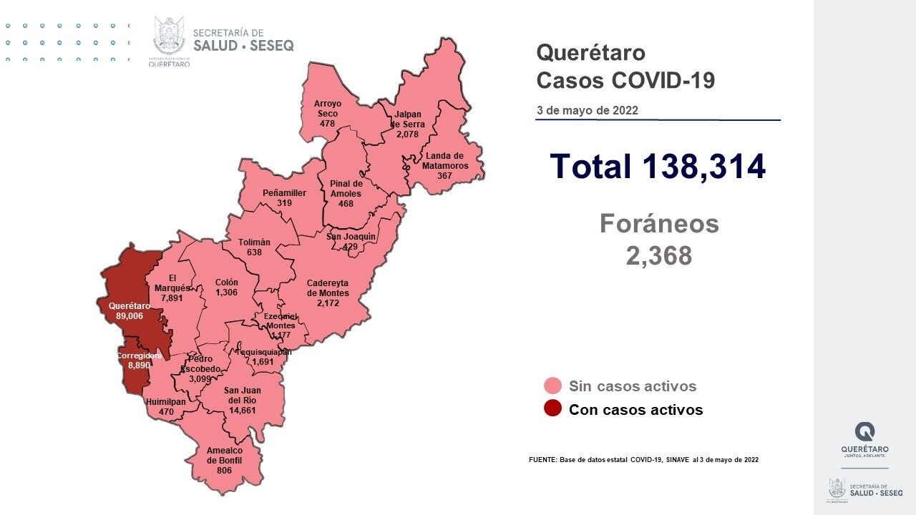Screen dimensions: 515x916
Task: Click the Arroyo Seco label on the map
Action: [x=328, y=108]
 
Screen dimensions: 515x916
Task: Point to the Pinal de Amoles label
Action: [x=346, y=188]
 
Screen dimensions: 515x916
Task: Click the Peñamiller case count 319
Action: [x=284, y=203]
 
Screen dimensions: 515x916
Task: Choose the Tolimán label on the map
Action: [x=255, y=242]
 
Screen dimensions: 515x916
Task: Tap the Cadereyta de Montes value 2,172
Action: [x=328, y=303]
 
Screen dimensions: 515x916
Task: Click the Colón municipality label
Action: [x=226, y=283]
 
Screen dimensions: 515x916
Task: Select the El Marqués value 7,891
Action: [x=172, y=298]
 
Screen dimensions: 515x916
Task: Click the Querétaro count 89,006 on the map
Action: [x=130, y=315]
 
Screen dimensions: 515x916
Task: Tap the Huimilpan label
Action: [x=165, y=402]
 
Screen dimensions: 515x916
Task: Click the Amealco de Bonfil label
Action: [x=224, y=456]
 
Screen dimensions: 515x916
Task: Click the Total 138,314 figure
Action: [x=658, y=166]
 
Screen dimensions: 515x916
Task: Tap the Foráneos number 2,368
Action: [x=659, y=255]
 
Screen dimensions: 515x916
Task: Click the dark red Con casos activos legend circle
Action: [x=552, y=409]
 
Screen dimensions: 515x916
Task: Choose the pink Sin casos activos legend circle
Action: [x=552, y=386]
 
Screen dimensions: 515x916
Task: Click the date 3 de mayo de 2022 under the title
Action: [x=588, y=111]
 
